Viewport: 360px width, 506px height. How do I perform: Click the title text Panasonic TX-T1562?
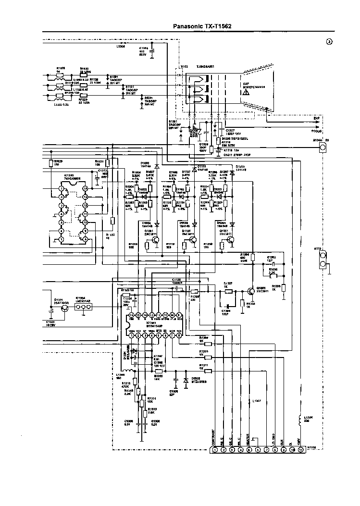coord(202,27)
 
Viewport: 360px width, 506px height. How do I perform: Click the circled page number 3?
coord(329,42)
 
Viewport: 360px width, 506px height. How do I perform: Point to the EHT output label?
coord(316,118)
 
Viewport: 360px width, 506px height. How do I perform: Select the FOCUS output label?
coord(316,130)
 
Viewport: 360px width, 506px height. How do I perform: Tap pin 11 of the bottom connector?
coord(301,450)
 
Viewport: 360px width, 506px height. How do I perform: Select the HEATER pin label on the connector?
coord(249,438)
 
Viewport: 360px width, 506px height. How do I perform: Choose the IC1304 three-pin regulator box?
coord(83,310)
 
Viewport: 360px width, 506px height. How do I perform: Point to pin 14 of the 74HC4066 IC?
coord(84,188)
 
